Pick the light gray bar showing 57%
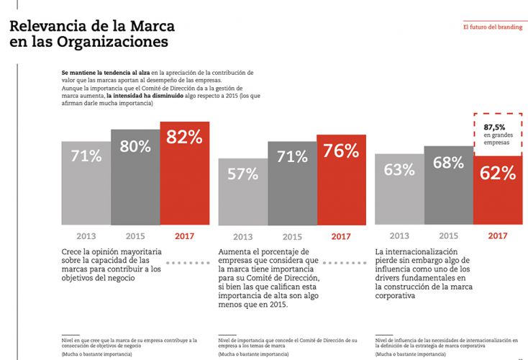(242, 191)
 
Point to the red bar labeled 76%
(341, 180)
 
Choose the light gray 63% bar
(399, 189)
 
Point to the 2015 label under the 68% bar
(448, 235)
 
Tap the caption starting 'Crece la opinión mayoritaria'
(111, 264)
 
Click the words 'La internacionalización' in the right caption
(414, 251)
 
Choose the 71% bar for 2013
(86, 184)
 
